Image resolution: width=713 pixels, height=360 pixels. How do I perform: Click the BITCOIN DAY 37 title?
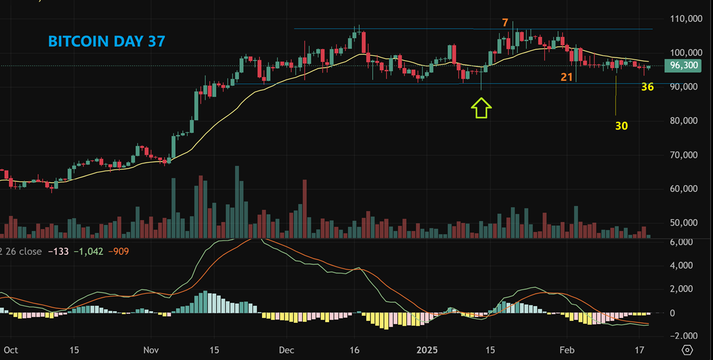click(106, 41)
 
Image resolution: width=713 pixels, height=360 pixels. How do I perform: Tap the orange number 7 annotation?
click(505, 23)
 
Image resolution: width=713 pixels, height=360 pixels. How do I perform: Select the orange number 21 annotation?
click(567, 76)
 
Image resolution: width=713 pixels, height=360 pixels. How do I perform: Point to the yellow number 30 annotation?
click(621, 125)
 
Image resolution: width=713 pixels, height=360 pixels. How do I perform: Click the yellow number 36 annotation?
click(647, 87)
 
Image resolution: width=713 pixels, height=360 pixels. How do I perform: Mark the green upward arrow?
click(482, 108)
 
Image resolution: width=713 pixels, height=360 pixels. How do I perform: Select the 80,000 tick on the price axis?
click(687, 121)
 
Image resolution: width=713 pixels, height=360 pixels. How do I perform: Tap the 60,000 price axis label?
click(687, 188)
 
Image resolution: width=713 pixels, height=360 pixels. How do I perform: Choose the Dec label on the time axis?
click(286, 350)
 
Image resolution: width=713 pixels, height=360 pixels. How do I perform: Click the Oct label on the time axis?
click(11, 350)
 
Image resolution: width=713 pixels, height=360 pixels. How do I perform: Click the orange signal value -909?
click(118, 251)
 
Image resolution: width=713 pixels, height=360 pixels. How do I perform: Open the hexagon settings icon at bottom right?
click(687, 350)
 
